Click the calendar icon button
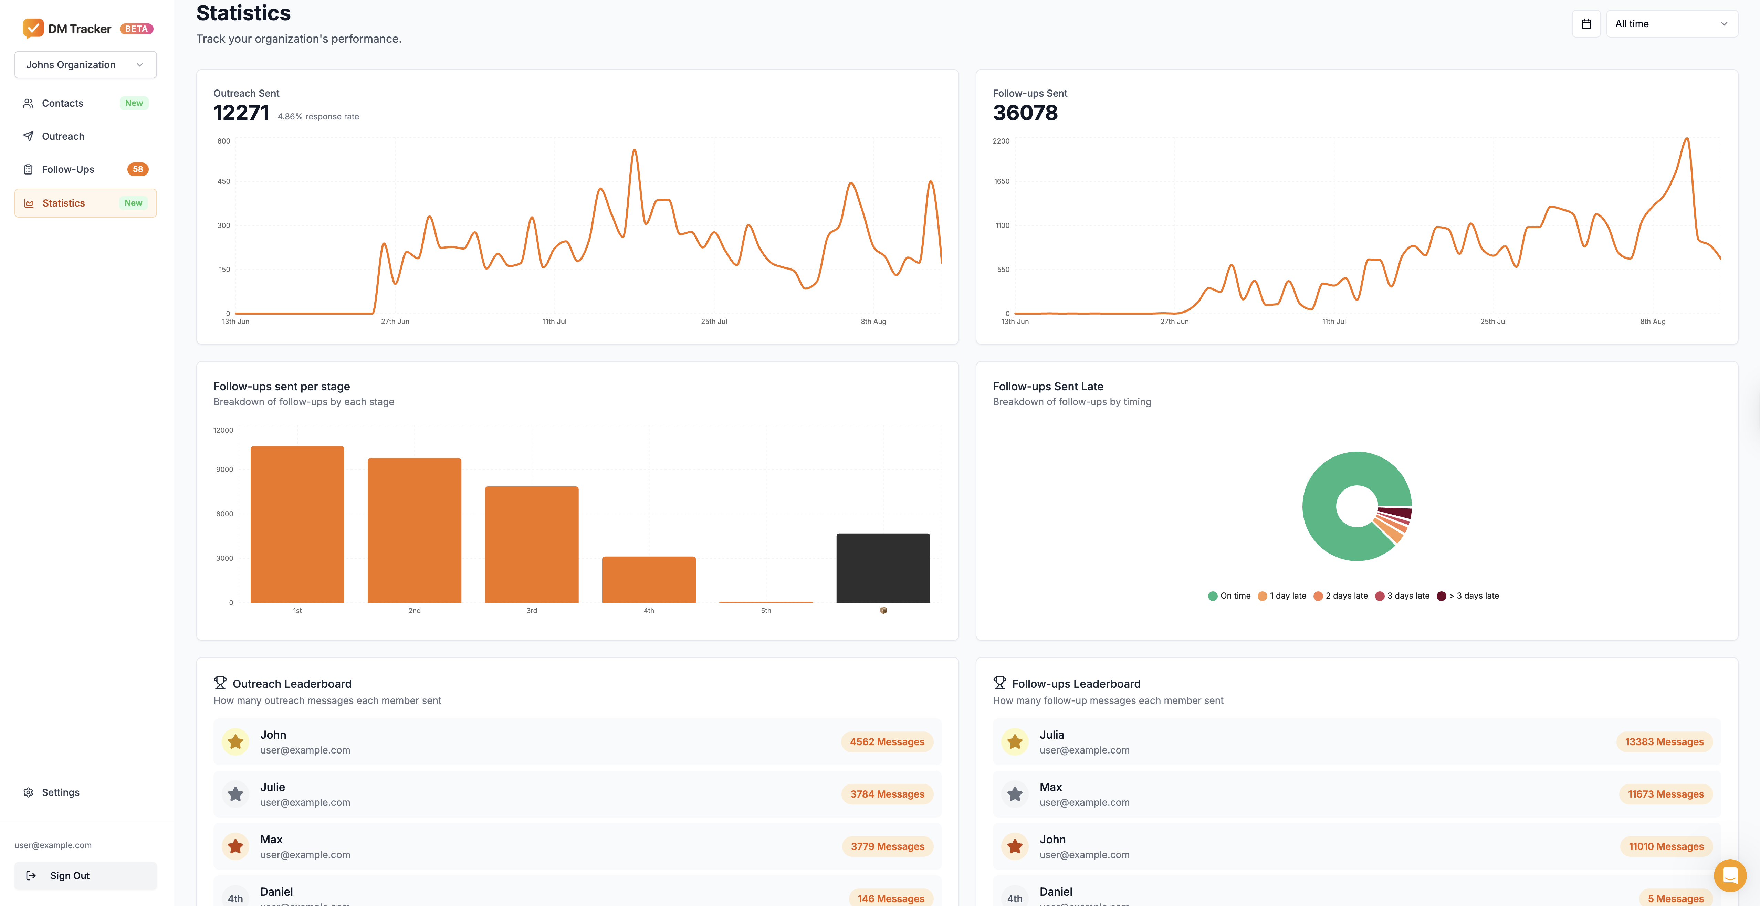1586,24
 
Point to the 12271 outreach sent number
241,113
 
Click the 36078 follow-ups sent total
1025,113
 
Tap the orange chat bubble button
1729,875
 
